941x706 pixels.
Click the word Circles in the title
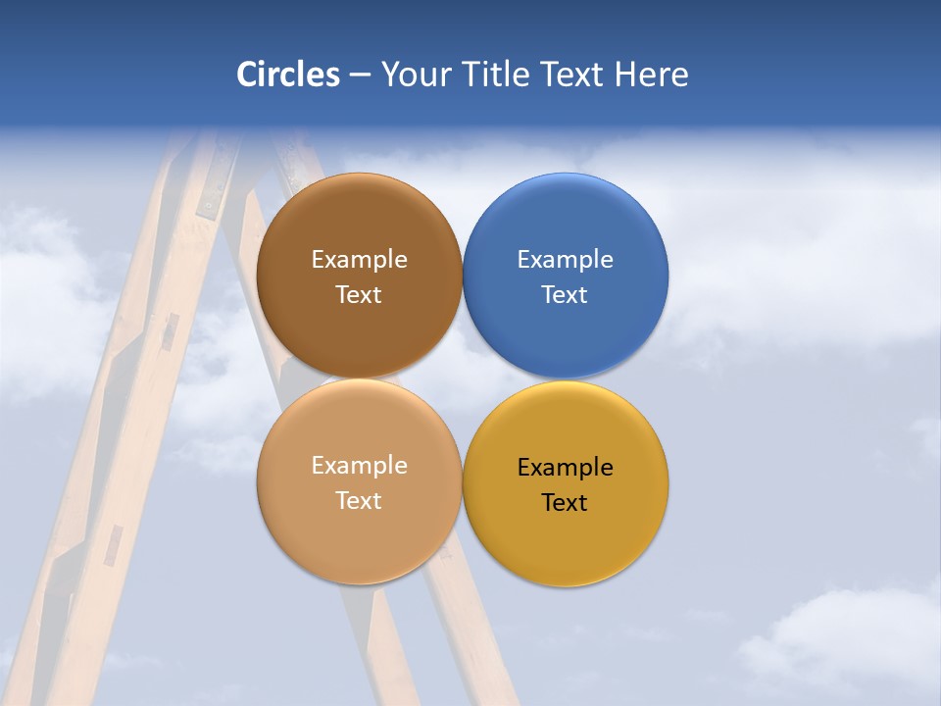[x=288, y=75]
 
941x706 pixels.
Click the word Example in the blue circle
[x=566, y=260]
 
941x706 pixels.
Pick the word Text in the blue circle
[x=566, y=295]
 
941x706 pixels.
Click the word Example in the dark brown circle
[x=359, y=260]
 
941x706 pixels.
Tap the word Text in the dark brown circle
[x=359, y=295]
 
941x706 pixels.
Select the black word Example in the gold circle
[x=566, y=468]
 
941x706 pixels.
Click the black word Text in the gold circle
[x=566, y=503]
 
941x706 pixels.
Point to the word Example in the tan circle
[x=359, y=466]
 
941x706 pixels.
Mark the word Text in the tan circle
[x=359, y=501]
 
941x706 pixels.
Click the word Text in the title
[x=573, y=75]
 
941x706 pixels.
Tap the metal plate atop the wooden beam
[x=211, y=191]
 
